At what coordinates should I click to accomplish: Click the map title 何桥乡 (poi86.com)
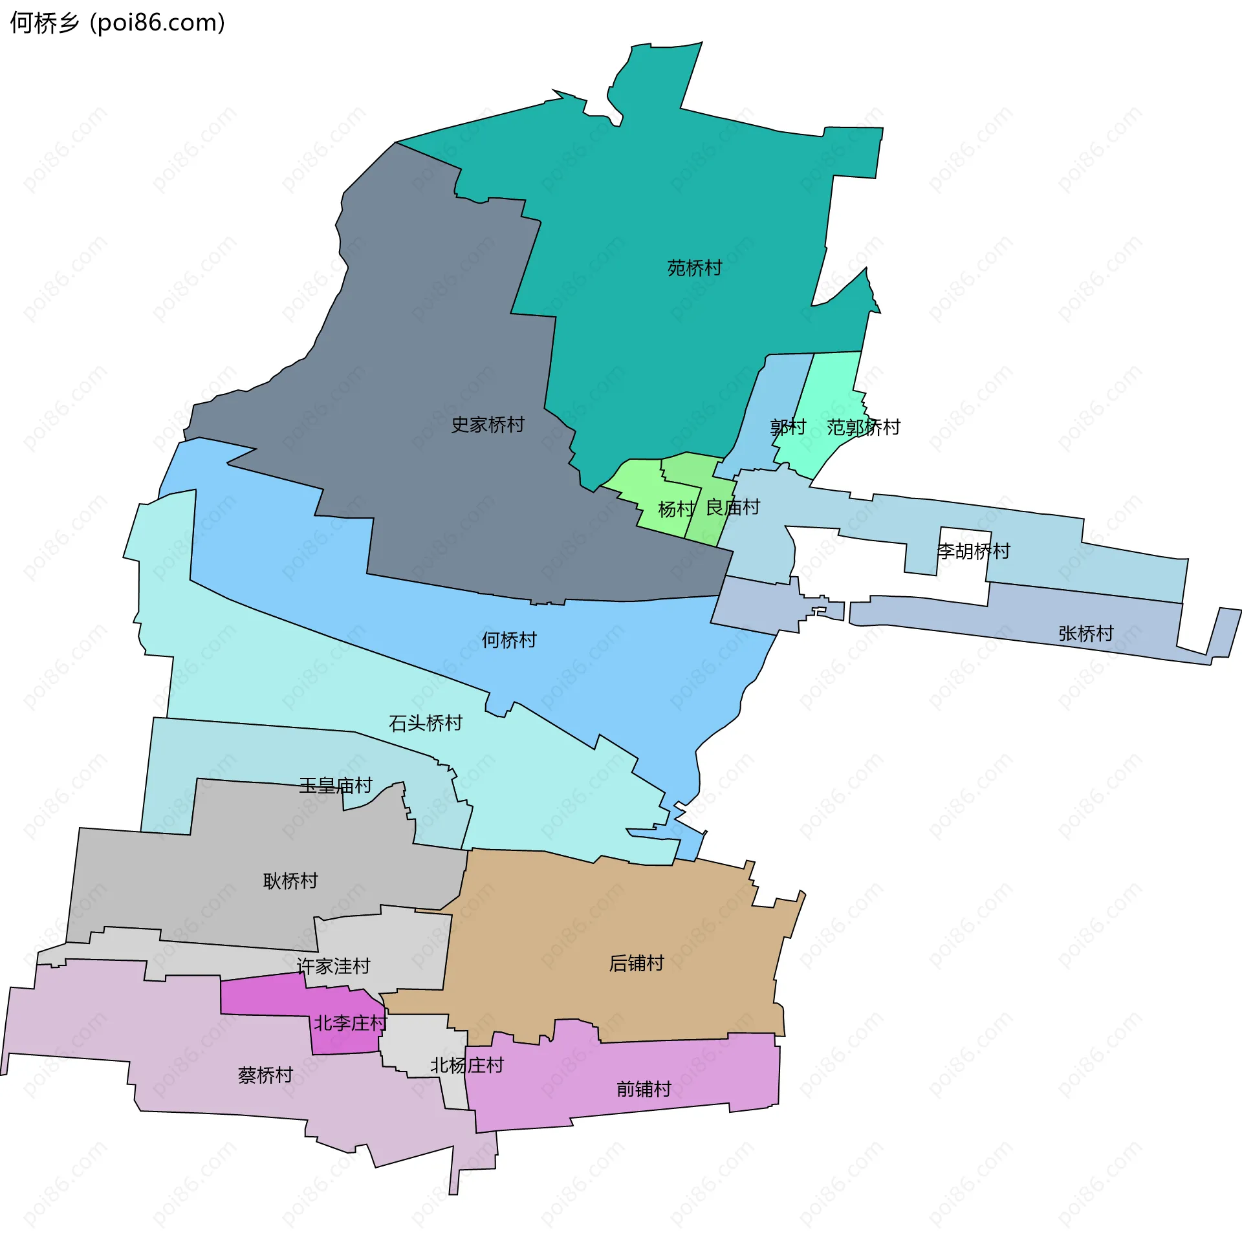(118, 23)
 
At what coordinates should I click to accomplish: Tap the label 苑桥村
(694, 268)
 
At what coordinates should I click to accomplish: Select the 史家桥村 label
(487, 425)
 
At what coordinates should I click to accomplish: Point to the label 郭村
(788, 427)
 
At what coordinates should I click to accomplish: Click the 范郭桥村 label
(863, 427)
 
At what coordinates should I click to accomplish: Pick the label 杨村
(676, 510)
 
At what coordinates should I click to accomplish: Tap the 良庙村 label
(732, 508)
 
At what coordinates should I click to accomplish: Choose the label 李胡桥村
(973, 552)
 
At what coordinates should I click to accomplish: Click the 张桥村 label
(1085, 634)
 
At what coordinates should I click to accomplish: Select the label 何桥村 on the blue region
(509, 640)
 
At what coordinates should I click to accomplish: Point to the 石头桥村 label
(425, 723)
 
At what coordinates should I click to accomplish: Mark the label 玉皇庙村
(335, 786)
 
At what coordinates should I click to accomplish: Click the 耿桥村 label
(290, 881)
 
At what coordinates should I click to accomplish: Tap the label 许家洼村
(333, 966)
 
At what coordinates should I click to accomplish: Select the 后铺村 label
(636, 963)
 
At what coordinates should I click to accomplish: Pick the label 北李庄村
(350, 1023)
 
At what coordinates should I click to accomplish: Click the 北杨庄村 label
(466, 1065)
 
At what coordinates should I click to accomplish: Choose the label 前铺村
(644, 1090)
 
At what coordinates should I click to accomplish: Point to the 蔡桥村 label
(265, 1075)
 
